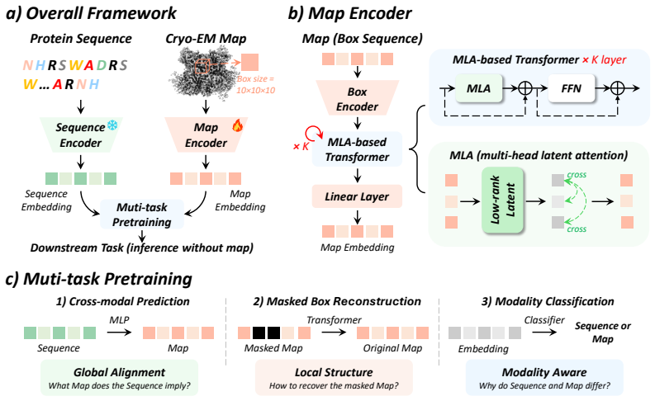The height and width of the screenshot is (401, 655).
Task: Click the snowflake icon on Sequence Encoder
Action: click(x=112, y=125)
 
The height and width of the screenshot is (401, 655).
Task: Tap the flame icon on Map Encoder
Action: click(x=237, y=125)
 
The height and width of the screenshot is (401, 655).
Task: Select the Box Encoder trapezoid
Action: click(x=357, y=98)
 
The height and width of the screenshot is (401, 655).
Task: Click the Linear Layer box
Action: click(x=357, y=196)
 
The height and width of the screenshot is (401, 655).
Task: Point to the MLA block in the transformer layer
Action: click(x=479, y=88)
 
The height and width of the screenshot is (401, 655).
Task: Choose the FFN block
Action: click(x=571, y=88)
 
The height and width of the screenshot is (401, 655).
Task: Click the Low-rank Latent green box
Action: click(x=502, y=200)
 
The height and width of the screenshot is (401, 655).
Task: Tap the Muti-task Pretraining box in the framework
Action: click(x=142, y=214)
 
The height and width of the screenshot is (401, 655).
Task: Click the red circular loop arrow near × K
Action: click(x=314, y=133)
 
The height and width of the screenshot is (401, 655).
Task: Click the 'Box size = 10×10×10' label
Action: click(x=256, y=85)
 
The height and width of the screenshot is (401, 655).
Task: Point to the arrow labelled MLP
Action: click(x=119, y=333)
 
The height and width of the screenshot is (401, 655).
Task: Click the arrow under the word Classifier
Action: click(x=544, y=333)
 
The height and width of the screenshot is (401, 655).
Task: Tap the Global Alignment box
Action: click(x=120, y=378)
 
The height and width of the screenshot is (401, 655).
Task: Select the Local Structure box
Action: click(x=334, y=378)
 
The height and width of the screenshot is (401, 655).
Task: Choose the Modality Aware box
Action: click(x=544, y=378)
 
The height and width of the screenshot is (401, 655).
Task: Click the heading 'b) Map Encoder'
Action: click(x=349, y=13)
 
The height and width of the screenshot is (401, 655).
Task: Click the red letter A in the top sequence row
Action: click(x=88, y=65)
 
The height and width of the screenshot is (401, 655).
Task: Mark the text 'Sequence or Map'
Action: click(x=603, y=333)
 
